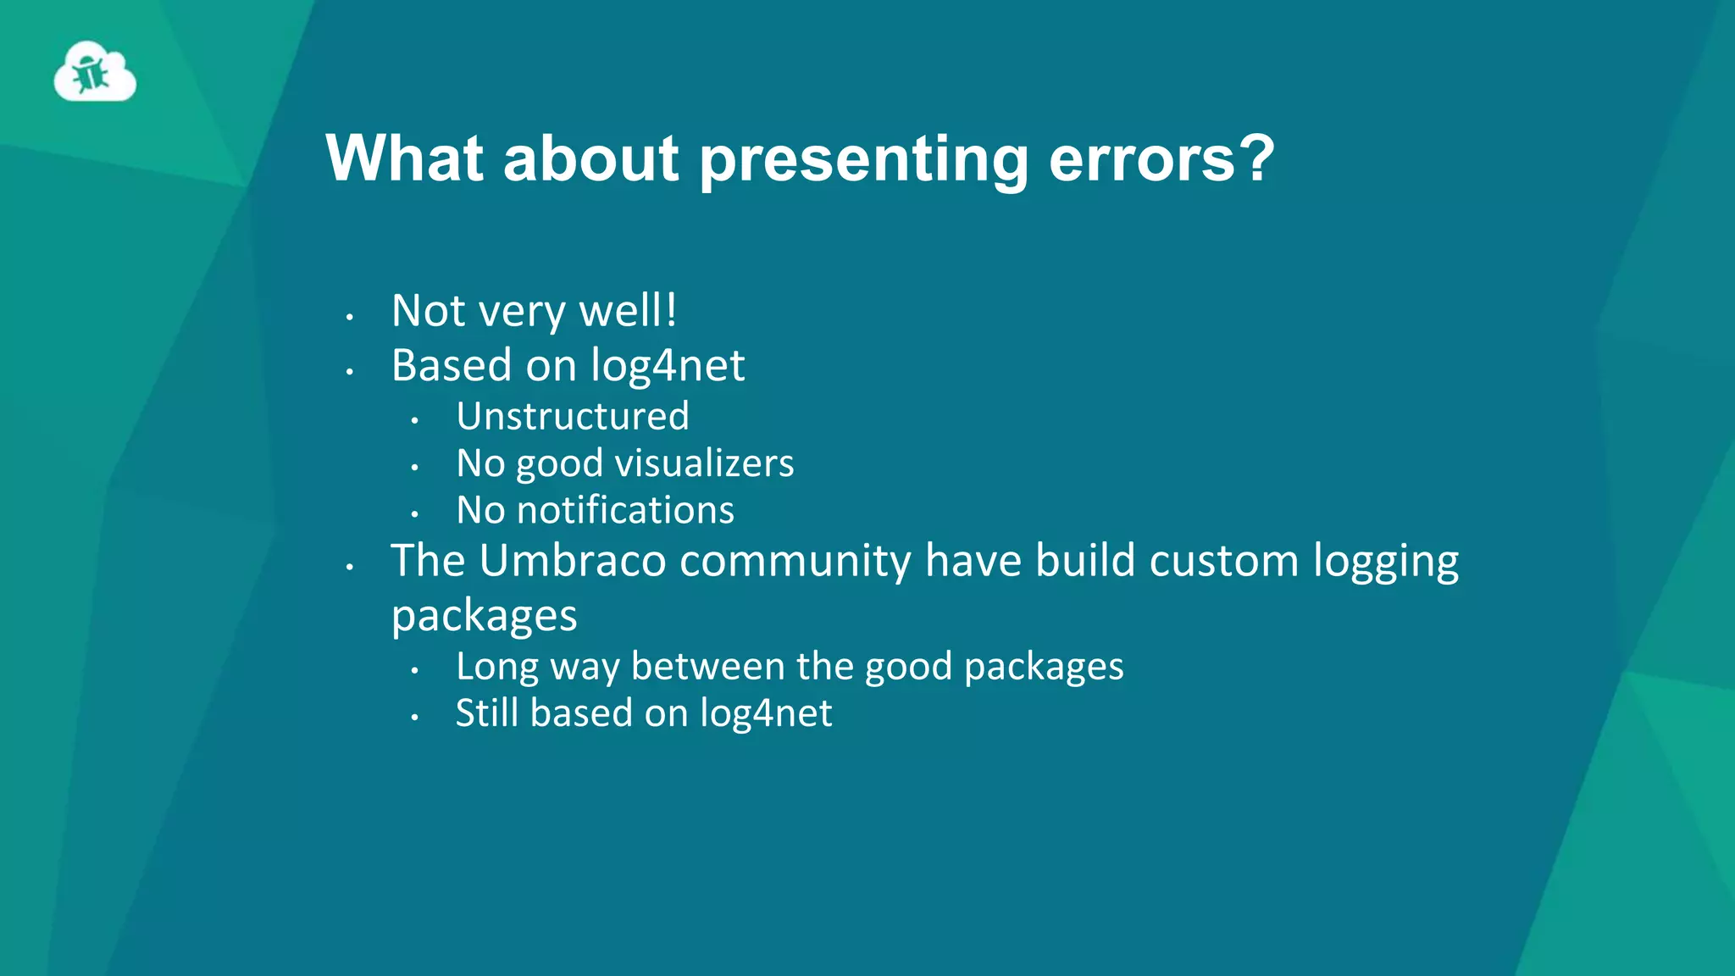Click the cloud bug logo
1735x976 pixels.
(x=95, y=73)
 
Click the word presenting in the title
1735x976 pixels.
(x=863, y=159)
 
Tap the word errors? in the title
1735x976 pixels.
(x=1161, y=159)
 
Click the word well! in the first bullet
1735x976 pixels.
(x=628, y=311)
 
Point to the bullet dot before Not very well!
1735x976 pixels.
(x=349, y=318)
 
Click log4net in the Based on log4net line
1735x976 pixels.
(x=668, y=366)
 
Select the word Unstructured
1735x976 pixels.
(x=573, y=417)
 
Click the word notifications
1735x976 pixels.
(x=625, y=510)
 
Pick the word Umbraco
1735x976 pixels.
(x=573, y=561)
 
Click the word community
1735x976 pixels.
(x=795, y=563)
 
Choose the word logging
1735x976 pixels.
(x=1386, y=563)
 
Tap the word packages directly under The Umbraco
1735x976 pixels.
(x=484, y=617)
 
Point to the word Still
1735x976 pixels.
(x=487, y=713)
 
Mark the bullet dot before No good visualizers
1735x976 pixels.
(x=414, y=468)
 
